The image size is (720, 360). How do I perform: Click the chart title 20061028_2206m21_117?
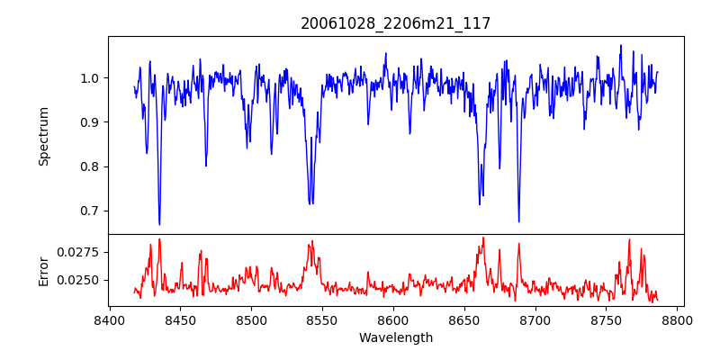tap(396, 23)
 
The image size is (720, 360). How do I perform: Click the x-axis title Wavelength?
tap(396, 337)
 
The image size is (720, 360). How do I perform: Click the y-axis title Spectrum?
tap(44, 136)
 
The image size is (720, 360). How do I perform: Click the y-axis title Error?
tap(44, 270)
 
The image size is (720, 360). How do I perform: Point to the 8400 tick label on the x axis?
tap(109, 319)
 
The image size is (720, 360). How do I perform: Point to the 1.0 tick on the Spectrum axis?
tap(91, 78)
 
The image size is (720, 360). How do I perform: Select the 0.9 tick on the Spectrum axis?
tap(91, 122)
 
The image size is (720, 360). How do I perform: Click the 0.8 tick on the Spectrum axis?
tap(91, 166)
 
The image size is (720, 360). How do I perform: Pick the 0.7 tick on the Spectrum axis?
tap(91, 211)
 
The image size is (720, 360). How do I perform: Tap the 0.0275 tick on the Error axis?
tap(79, 252)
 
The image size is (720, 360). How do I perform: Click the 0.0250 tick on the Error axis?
tap(79, 280)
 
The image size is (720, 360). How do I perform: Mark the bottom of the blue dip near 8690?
tap(518, 221)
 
